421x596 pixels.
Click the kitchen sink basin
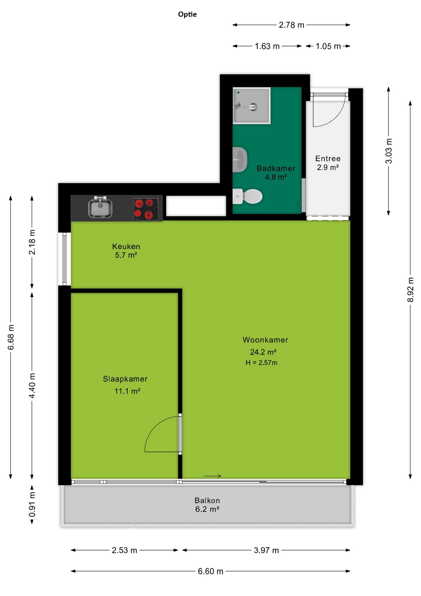(100, 208)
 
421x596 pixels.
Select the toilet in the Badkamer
(247, 196)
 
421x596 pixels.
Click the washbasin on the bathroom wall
(240, 160)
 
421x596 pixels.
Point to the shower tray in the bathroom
(251, 106)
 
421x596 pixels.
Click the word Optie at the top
(187, 14)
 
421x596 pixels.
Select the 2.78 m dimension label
(291, 25)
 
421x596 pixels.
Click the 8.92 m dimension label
(410, 290)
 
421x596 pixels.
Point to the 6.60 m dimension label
(210, 571)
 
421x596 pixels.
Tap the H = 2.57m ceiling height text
(261, 363)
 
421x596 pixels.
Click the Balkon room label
(207, 500)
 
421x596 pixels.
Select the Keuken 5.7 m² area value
(126, 255)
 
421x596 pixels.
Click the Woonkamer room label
(265, 340)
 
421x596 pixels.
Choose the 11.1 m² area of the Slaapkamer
(127, 391)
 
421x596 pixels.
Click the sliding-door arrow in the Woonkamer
(213, 476)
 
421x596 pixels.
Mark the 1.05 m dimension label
(328, 46)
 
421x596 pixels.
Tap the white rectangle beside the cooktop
(196, 206)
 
